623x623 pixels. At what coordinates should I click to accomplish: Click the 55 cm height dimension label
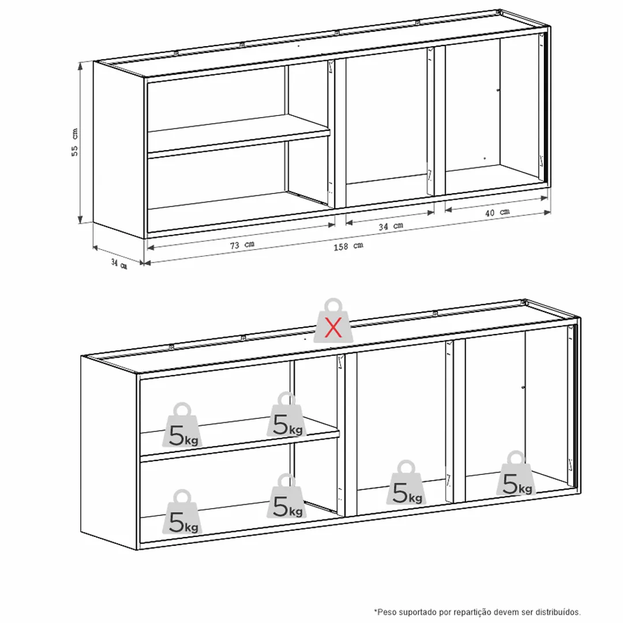74,142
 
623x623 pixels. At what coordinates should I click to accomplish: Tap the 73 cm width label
242,245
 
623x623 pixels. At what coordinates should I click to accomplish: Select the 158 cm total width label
348,246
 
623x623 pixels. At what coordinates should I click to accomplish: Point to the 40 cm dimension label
497,212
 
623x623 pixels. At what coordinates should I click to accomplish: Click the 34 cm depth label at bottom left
119,264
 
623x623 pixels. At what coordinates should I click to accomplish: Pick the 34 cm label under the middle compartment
391,226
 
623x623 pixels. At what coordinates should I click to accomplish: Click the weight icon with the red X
333,321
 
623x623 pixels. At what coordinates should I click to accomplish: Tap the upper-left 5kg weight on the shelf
182,425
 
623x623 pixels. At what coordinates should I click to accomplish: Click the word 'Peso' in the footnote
385,612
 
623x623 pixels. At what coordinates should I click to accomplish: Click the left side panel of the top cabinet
119,150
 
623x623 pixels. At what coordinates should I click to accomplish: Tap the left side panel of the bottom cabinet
109,453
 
